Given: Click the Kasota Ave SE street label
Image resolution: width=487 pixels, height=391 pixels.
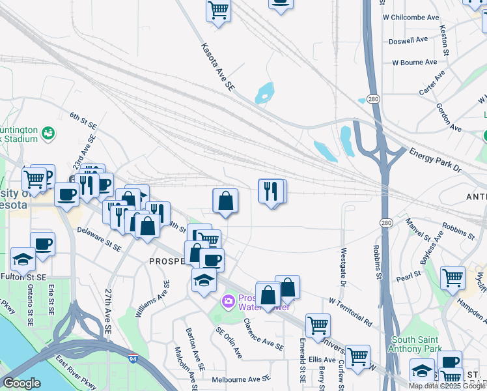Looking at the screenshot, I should (217, 66).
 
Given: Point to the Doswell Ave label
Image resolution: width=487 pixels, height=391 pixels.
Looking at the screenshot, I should (408, 40).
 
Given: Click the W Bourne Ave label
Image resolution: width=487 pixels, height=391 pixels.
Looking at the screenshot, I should (414, 63).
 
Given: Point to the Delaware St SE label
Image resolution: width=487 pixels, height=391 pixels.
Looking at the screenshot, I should (99, 239).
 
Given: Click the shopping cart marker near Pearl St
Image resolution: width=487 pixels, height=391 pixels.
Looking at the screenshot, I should (452, 278).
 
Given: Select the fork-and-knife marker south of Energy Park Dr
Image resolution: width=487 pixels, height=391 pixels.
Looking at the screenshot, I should (271, 191).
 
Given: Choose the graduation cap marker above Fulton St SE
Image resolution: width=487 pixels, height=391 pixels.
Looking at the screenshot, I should (23, 259).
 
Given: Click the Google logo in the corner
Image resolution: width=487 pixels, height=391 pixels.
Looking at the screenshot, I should (21, 383).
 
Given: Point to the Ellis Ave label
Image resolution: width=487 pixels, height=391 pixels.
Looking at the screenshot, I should (322, 359).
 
